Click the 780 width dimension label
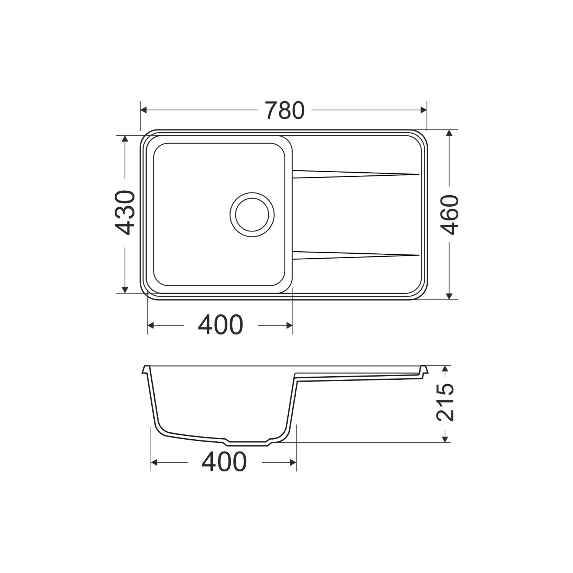pos(285,110)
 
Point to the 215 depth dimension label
pos(445,403)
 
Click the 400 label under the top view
pos(220,325)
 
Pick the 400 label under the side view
pos(224,462)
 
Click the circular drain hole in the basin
pos(252,214)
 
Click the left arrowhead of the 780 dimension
pos(144,110)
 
